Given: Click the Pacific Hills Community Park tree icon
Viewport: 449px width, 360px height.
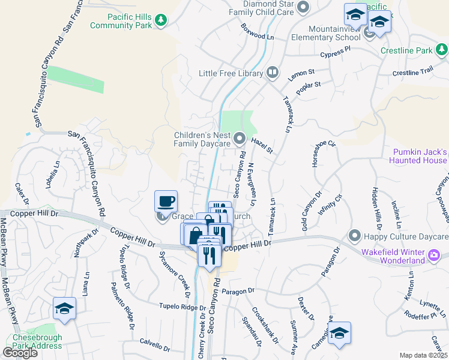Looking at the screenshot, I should (160, 21).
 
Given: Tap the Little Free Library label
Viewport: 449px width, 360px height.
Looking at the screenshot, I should (231, 73).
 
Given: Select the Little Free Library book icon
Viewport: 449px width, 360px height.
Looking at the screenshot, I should (273, 73).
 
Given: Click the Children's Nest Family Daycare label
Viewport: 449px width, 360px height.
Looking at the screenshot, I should (202, 140).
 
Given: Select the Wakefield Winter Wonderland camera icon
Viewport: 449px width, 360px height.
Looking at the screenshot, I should (434, 257).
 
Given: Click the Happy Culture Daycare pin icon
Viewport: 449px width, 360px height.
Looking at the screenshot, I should (354, 235).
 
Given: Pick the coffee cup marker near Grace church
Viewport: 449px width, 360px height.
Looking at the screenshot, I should (166, 201).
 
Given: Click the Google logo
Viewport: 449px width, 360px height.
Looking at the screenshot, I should (20, 353).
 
